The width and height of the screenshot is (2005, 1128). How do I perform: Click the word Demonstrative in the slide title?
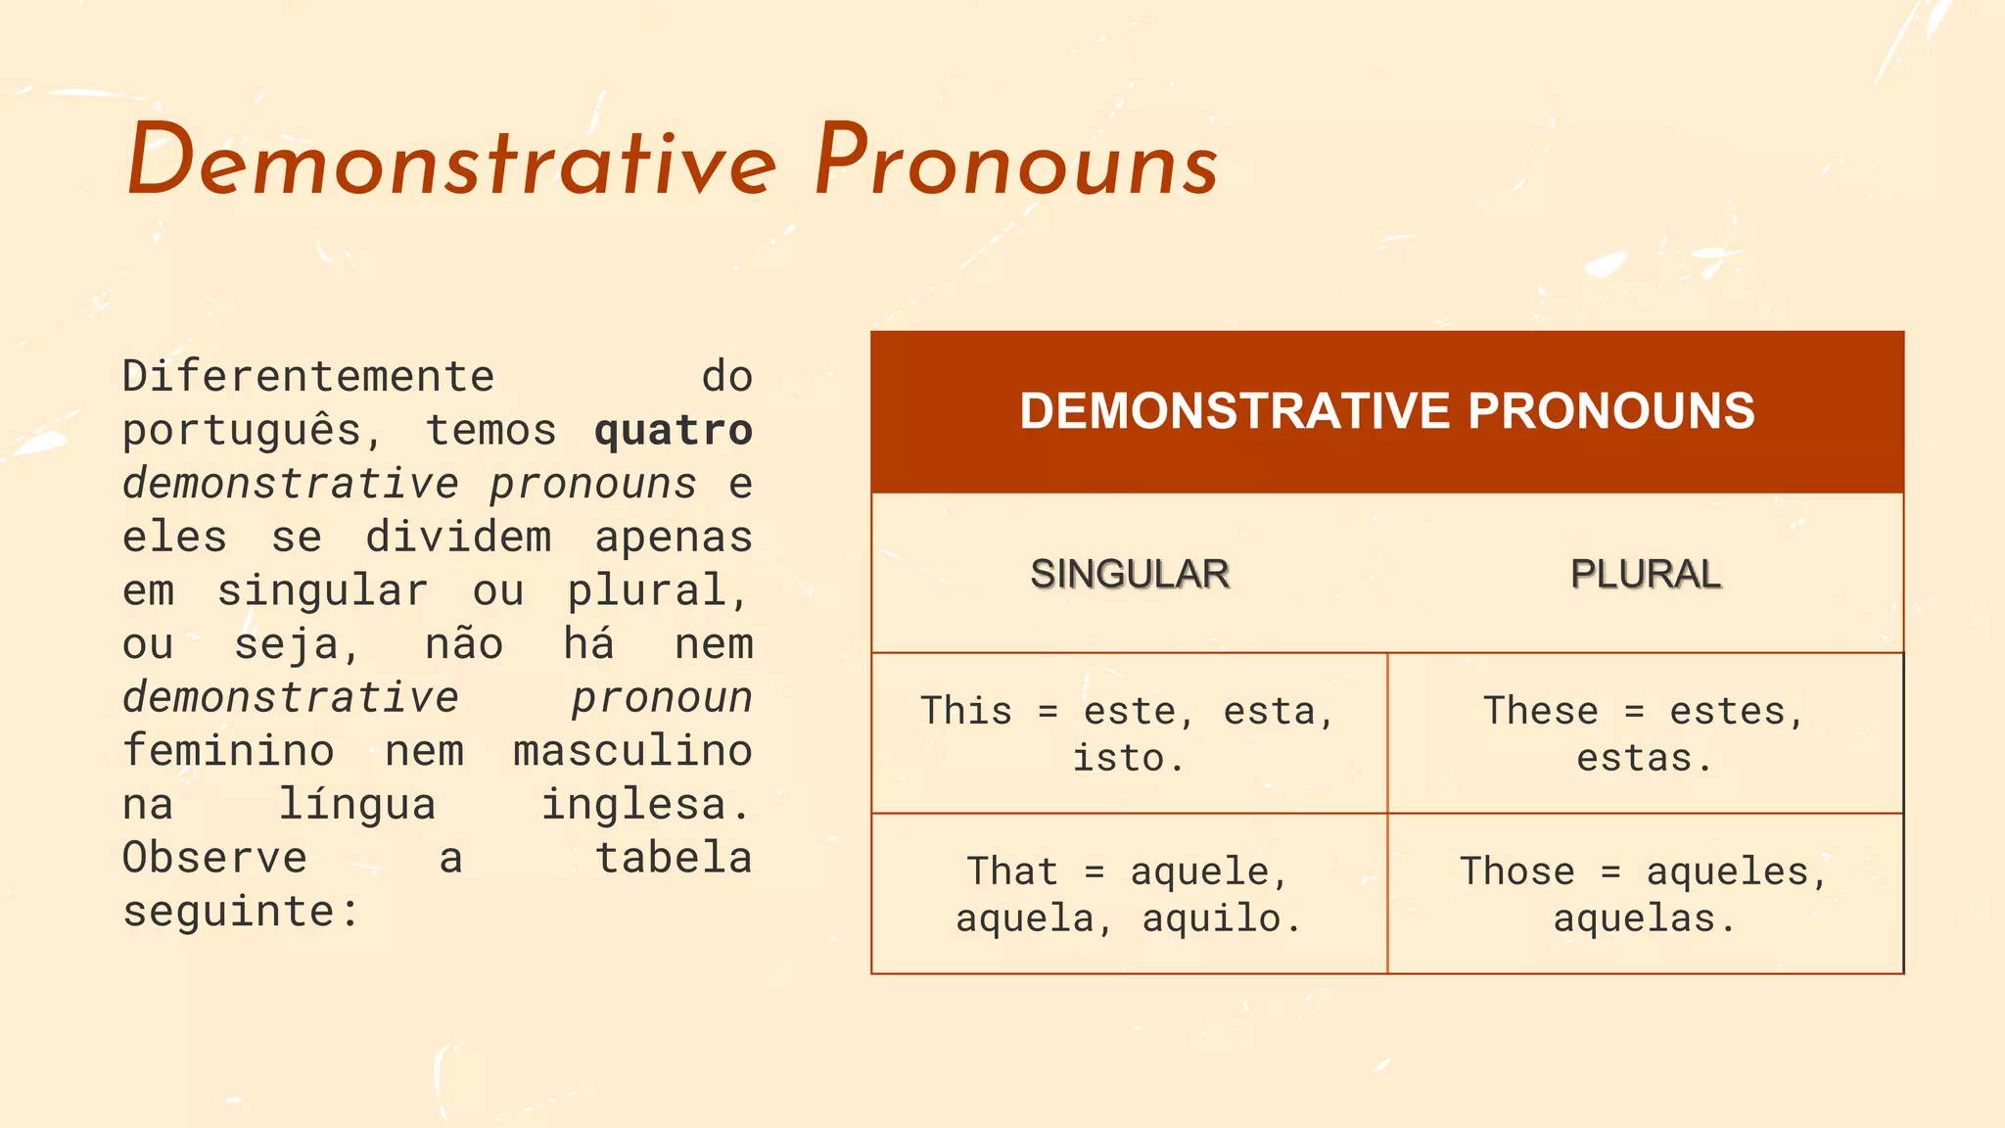pos(451,163)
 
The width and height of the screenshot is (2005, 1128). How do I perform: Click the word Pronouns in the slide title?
pos(1016,163)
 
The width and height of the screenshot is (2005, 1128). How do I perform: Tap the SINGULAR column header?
pos(1129,574)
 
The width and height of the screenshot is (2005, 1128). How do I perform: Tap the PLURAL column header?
pos(1645,574)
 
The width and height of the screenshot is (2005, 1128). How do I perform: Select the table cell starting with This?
pos(1129,733)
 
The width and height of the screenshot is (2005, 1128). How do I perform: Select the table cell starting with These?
pos(1645,733)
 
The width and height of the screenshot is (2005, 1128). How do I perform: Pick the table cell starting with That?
pos(1129,894)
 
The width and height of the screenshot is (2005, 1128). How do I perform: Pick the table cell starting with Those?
pos(1645,894)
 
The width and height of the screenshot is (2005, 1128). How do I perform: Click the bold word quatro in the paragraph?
pos(674,431)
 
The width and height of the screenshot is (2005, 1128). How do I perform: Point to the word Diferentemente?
pos(308,377)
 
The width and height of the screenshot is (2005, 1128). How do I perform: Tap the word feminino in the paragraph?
pos(228,751)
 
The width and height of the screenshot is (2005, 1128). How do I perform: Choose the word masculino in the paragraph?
pos(632,751)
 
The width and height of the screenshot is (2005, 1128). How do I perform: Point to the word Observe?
pos(214,859)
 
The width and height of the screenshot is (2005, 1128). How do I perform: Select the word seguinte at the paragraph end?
pos(228,912)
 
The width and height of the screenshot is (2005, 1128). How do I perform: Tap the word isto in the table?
pos(1118,758)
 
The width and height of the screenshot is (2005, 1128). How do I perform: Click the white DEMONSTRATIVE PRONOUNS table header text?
pos(1387,411)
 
